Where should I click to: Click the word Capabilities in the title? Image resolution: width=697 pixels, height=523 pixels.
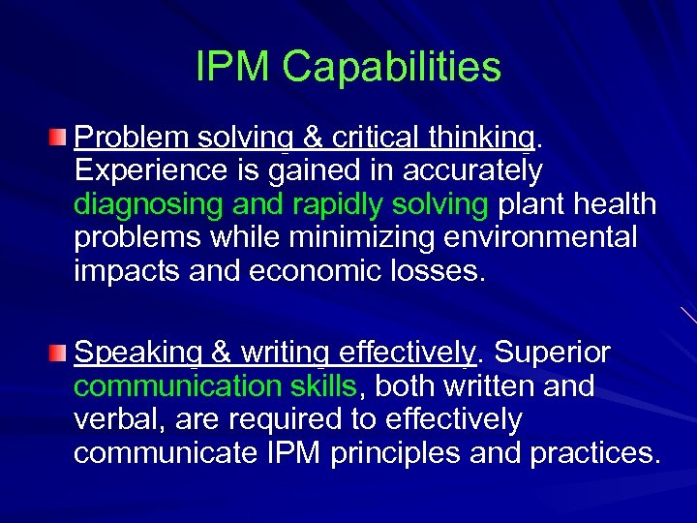click(393, 68)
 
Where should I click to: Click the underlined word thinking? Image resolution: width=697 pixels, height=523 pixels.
click(474, 138)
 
